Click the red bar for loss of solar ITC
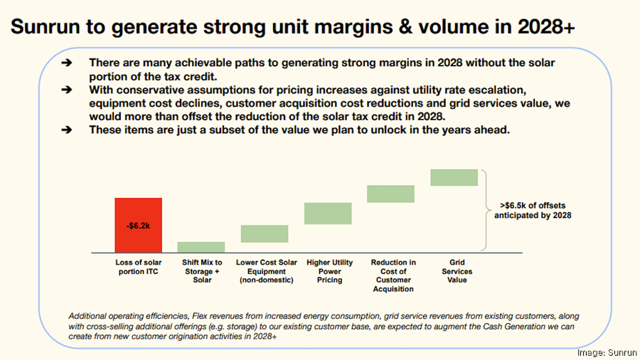click(138, 225)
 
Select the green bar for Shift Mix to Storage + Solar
click(201, 247)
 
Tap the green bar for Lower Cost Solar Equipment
click(265, 233)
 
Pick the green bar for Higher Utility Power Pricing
click(328, 213)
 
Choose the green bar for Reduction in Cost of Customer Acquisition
click(390, 194)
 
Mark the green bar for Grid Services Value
click(454, 177)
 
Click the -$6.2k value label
click(138, 225)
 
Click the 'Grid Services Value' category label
click(457, 271)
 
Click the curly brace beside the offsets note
click(485, 210)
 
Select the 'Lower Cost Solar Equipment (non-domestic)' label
click(265, 271)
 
